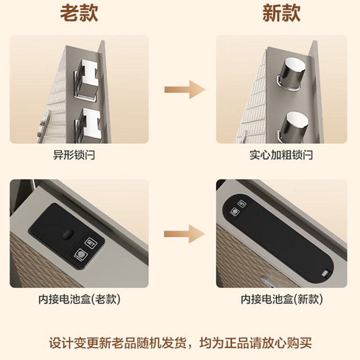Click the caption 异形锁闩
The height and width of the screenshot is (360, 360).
pos(74,155)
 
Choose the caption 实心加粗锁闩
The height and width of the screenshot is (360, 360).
pos(281,155)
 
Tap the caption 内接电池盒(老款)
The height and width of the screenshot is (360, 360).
pos(79,299)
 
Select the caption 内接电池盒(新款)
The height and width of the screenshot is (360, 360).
pos(281,299)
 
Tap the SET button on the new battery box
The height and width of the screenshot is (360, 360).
pos(242,203)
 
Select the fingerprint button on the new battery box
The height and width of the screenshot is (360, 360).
pos(234,211)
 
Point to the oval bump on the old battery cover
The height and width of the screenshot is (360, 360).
pos(67,234)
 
